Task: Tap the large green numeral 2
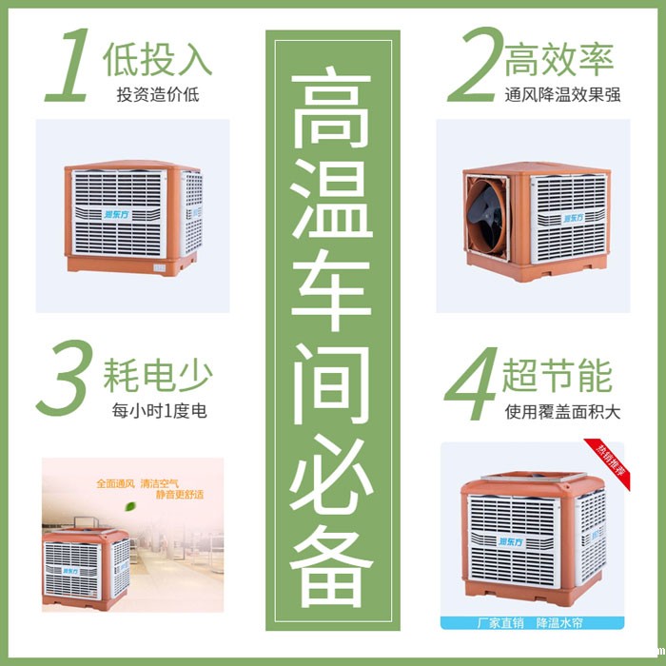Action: (x=473, y=65)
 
